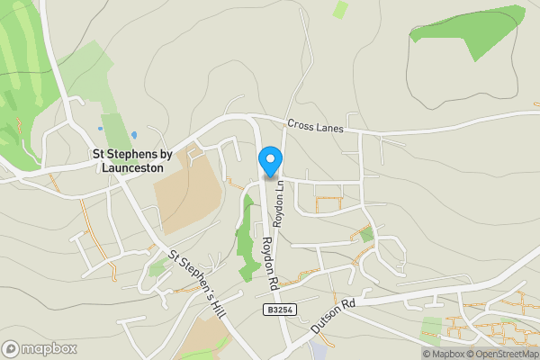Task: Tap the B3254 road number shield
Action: click(280, 309)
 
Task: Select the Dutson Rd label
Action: click(333, 317)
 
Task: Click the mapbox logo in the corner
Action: click(39, 348)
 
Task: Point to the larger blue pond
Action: click(133, 135)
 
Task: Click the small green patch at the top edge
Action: click(340, 9)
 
